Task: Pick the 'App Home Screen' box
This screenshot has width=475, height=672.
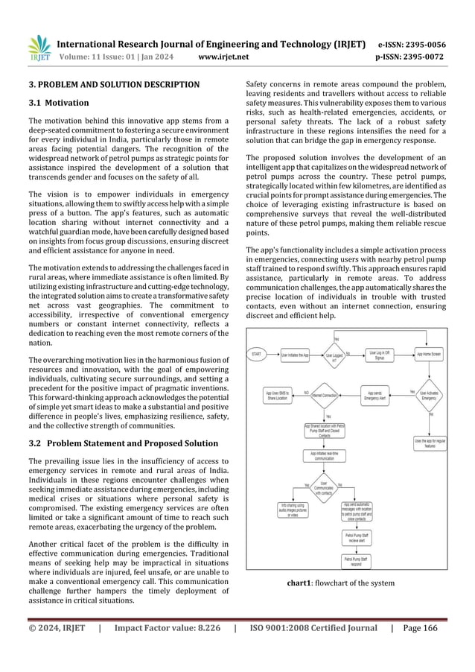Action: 429,355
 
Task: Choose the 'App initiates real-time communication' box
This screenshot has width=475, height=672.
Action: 325,456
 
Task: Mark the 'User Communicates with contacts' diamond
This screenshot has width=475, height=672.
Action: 325,488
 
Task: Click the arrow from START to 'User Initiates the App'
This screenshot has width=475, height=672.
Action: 274,355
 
